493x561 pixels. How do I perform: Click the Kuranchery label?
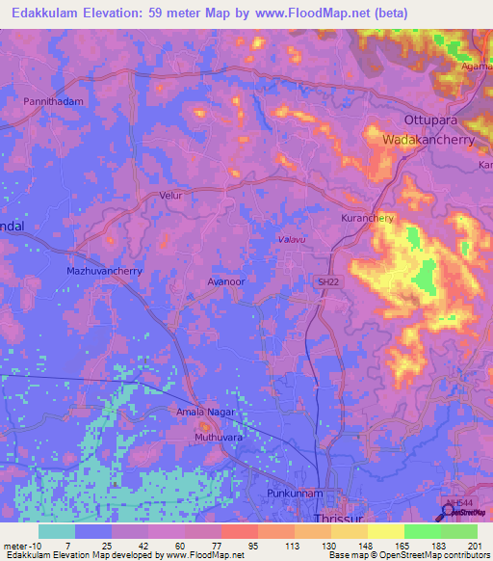pos(368,219)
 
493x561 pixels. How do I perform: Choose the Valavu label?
pos(291,238)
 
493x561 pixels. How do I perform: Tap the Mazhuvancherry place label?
pos(104,271)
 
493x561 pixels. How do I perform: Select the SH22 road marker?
pos(327,281)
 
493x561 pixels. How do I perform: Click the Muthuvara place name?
pos(219,437)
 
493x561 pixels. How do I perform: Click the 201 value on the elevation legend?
pos(476,545)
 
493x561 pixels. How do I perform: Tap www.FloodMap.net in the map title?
pos(316,13)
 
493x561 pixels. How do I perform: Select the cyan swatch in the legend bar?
pos(57,531)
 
